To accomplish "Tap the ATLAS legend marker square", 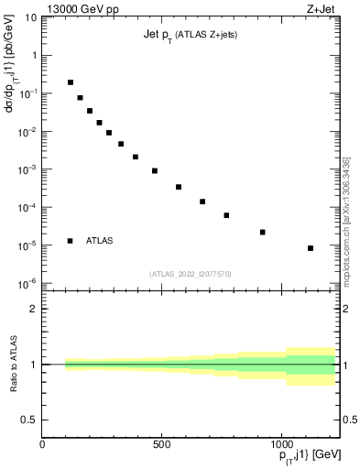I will pos(70,241).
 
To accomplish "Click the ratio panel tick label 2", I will pos(34,309).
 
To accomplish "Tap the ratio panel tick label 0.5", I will pos(29,420).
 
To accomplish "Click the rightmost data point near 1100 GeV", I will pos(311,248).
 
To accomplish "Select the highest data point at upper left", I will pos(71,82).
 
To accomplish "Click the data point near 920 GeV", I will pos(262,232).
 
